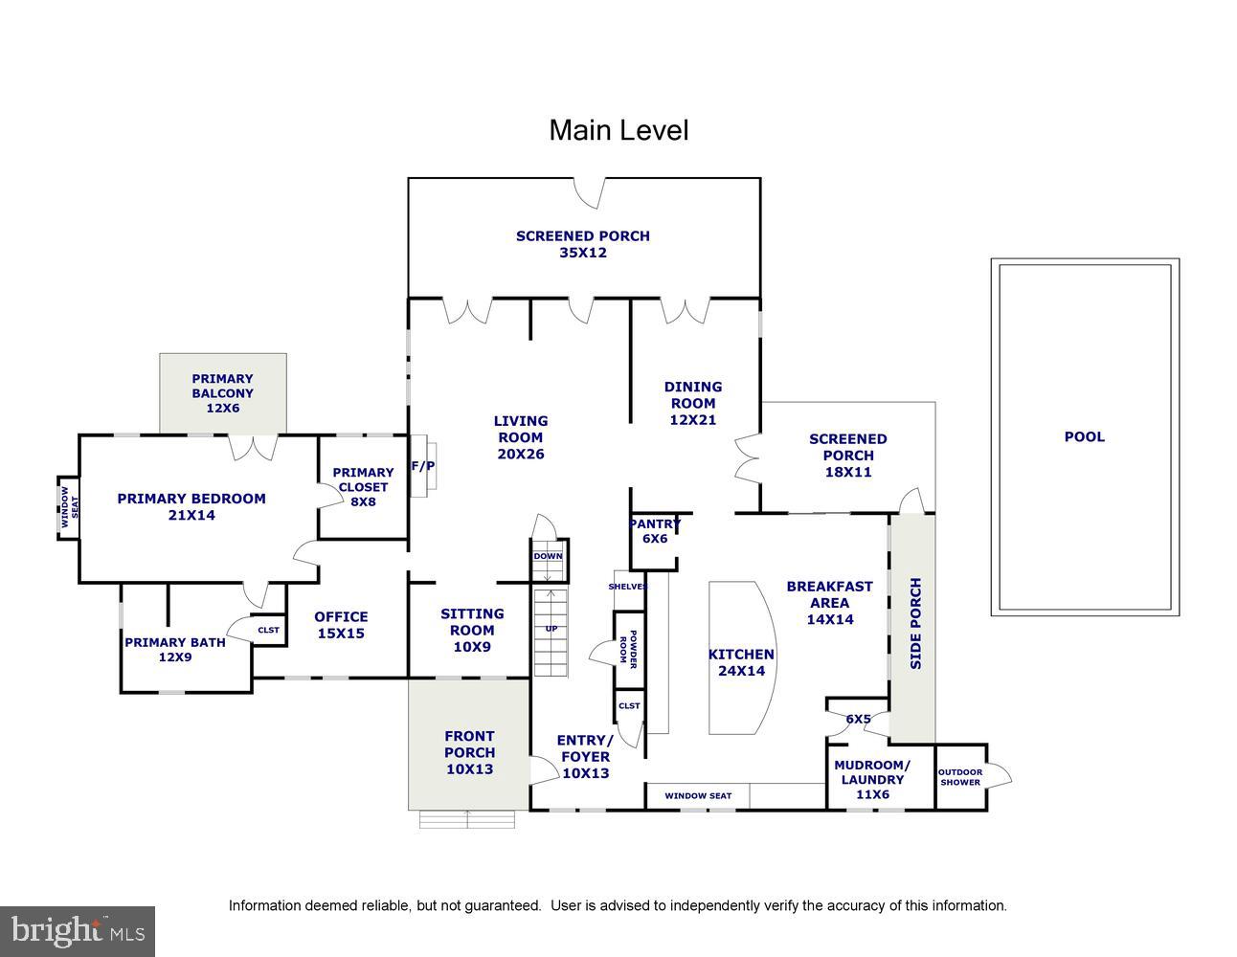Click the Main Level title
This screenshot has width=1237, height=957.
coord(618,130)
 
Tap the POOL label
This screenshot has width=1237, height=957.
coord(1084,437)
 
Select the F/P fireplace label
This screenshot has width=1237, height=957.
coord(422,467)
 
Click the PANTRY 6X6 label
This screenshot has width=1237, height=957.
coord(655,531)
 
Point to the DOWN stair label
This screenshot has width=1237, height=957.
coord(548,556)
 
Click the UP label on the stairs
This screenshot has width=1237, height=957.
coord(551,629)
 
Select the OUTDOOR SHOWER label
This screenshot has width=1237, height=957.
coord(960,777)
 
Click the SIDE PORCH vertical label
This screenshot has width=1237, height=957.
coord(915,624)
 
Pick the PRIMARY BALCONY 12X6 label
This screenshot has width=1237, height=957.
coord(222,393)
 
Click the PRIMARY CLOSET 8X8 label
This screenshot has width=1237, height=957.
coord(363,486)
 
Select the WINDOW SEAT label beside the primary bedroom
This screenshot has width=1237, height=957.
coord(67,507)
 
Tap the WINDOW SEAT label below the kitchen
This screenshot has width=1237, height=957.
coord(698,795)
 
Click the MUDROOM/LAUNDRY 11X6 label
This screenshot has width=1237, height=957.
coord(872,779)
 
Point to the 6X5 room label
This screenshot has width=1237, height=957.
coord(859,719)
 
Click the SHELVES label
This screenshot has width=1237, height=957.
coord(628,587)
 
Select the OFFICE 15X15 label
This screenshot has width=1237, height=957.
coord(341,625)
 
